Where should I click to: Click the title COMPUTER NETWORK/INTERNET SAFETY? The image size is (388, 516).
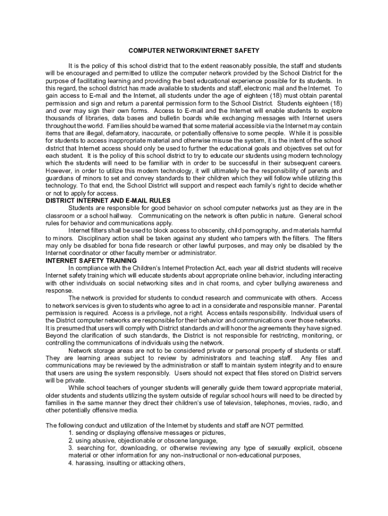coord(194,51)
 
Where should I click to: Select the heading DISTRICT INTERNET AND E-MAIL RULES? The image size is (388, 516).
coord(108,201)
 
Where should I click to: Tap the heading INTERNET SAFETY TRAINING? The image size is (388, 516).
coord(91,261)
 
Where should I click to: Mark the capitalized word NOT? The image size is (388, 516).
coord(268,426)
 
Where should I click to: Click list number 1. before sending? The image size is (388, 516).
coord(71,433)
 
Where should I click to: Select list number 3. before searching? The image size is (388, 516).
coord(71,448)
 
